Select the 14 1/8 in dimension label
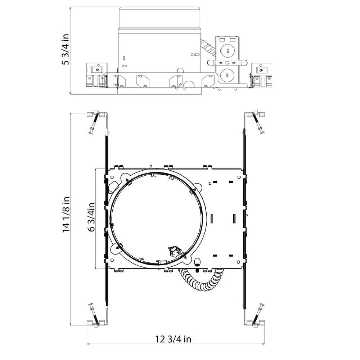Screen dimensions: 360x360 [x=66, y=215]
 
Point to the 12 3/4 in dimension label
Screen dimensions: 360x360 [x=173, y=339]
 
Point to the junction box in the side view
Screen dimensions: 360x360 [x=226, y=61]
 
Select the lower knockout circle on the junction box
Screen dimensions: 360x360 [x=227, y=75]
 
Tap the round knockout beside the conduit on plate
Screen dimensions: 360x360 [x=197, y=261]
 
